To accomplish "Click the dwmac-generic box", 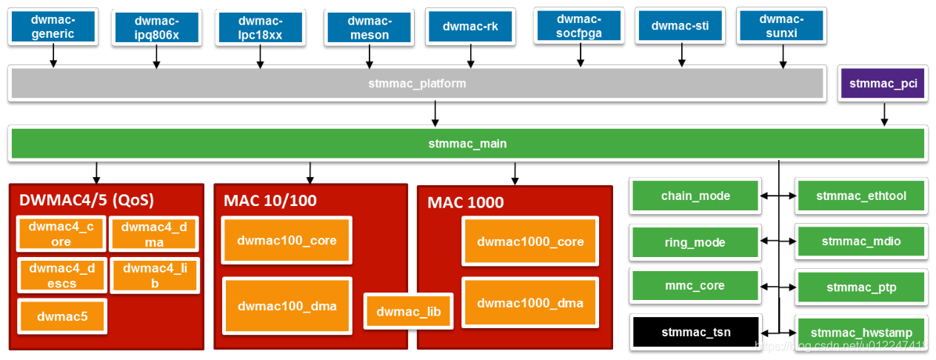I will (53, 27).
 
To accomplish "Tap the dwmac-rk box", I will (470, 27).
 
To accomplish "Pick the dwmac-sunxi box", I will (782, 27).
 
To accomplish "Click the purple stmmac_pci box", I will (883, 84).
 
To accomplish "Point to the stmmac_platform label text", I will (417, 84).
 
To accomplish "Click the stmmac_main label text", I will (467, 144).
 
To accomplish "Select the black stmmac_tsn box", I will (695, 332).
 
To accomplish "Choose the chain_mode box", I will (695, 196).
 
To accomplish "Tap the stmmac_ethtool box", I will (860, 196).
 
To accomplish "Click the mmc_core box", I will (695, 286).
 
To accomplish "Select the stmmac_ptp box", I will (860, 287).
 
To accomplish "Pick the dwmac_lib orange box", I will (408, 312).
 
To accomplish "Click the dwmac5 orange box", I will (62, 316).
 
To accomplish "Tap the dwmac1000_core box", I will (530, 241).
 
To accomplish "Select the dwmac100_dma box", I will (287, 306).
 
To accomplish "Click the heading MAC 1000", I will (465, 202).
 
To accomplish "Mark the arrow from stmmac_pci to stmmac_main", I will (883, 114).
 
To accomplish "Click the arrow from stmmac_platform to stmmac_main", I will (435, 113).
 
